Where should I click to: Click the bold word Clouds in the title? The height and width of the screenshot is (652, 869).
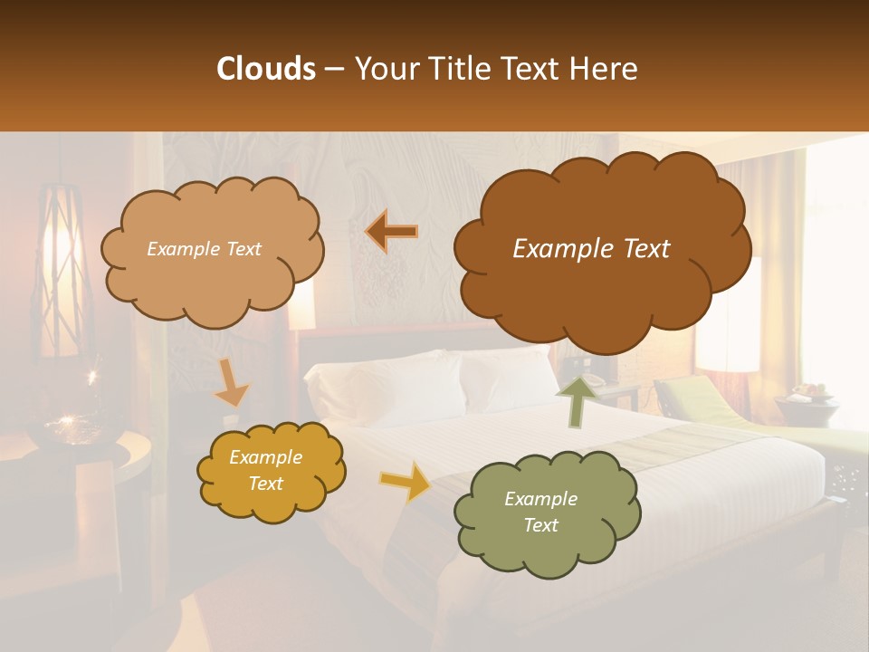[266, 69]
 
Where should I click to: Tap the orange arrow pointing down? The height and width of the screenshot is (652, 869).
[232, 382]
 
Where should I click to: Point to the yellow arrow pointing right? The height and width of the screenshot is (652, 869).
[406, 481]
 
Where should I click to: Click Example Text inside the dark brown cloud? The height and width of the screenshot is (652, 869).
[591, 249]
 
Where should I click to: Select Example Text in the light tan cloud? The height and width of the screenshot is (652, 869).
[204, 249]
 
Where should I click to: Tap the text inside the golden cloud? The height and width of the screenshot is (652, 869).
[265, 470]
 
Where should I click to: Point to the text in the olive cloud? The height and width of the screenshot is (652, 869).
[540, 512]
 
